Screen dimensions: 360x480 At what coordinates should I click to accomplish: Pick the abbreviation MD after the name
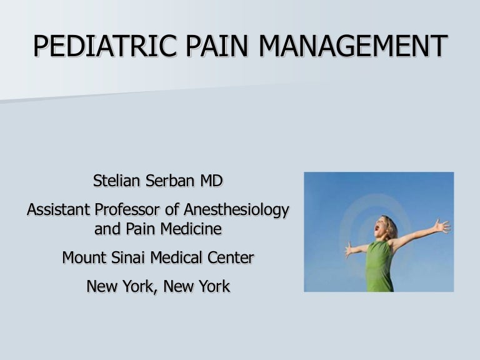(213, 182)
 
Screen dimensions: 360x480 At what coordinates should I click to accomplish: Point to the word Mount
(84, 257)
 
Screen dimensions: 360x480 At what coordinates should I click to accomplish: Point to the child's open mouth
(377, 229)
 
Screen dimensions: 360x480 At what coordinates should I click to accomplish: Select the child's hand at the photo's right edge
(442, 226)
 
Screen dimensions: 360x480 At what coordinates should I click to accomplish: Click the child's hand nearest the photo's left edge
(349, 249)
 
